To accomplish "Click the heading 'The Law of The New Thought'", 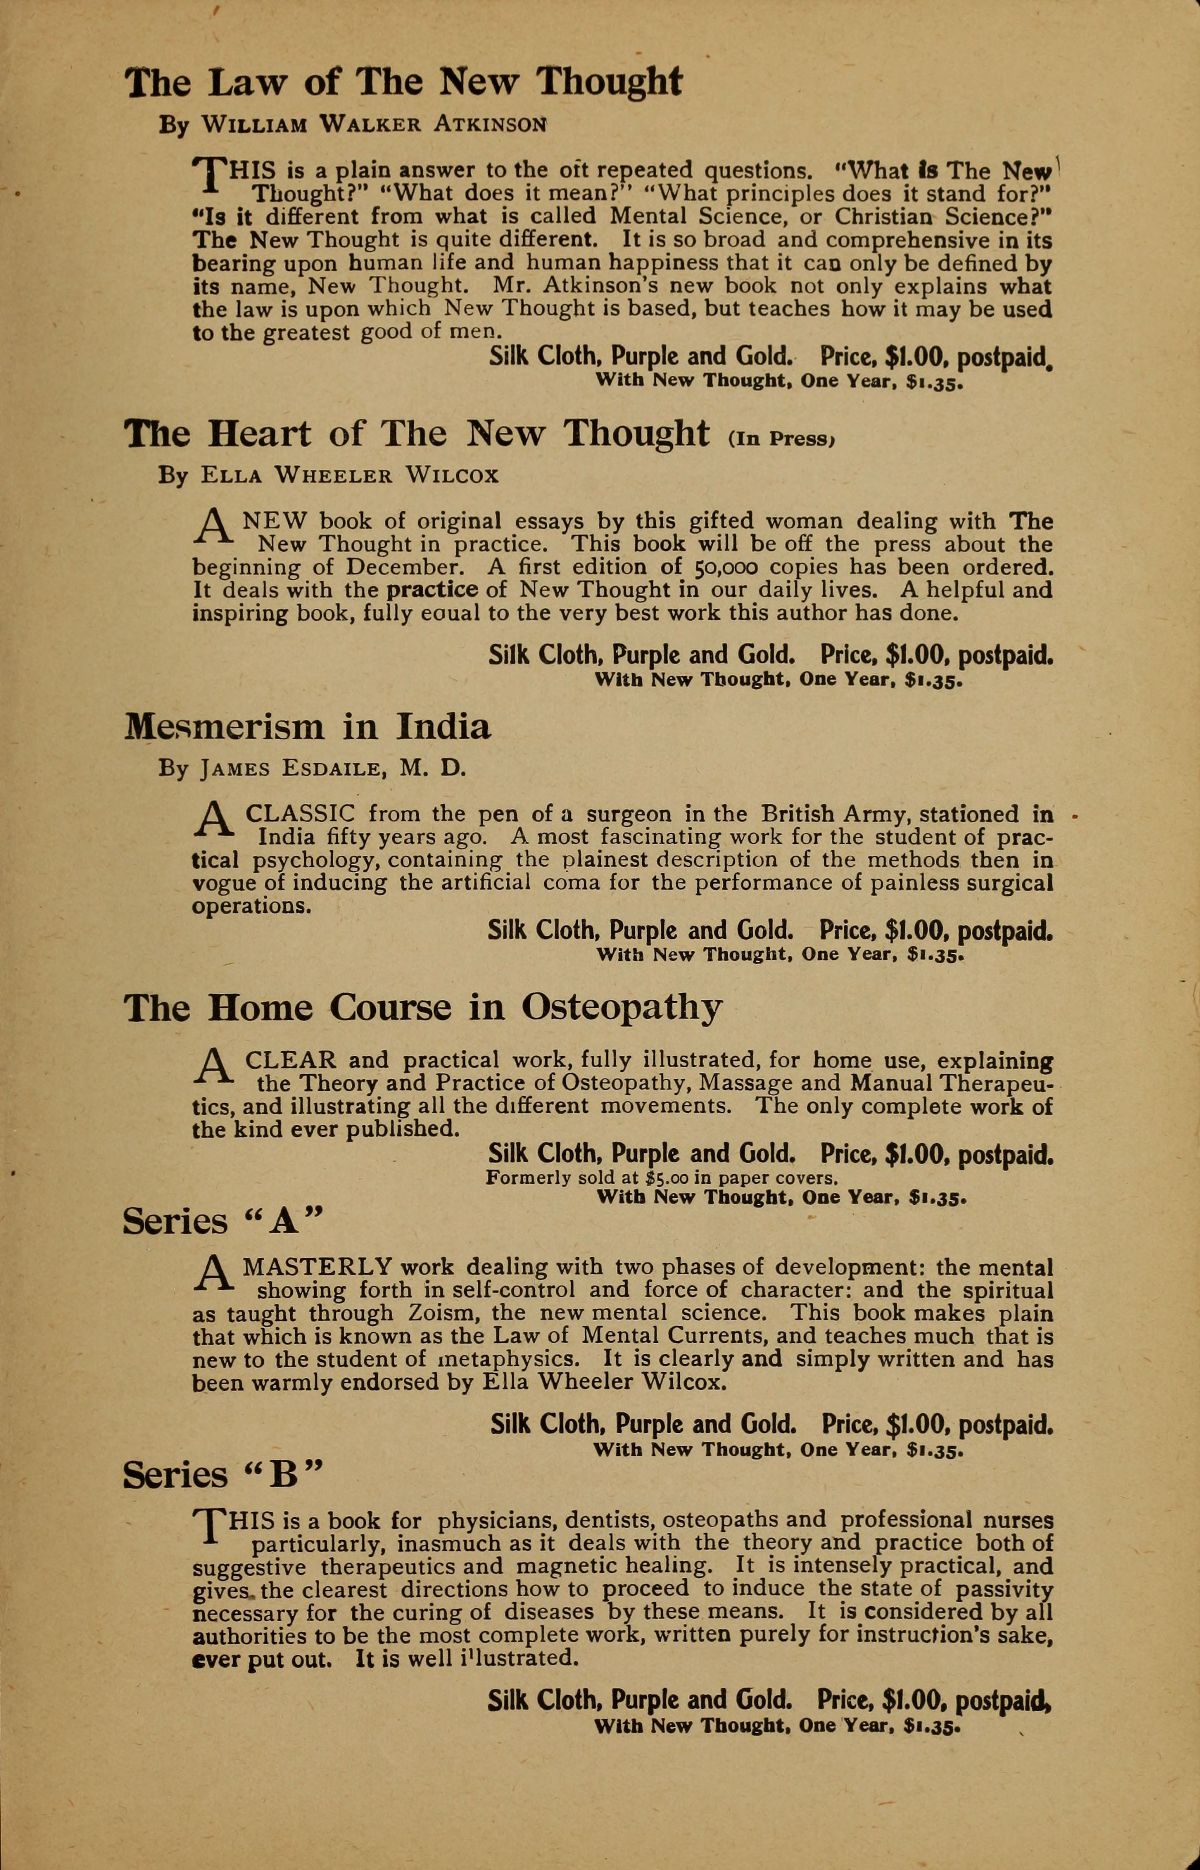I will coord(403,81).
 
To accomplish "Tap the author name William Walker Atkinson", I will coord(354,125).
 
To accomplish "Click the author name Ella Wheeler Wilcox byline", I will coord(328,475).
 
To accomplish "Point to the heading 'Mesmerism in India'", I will coord(308,725).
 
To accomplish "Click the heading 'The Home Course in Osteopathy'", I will coord(421,1006).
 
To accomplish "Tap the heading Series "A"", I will coord(224,1221).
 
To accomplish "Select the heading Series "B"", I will coord(224,1475).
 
